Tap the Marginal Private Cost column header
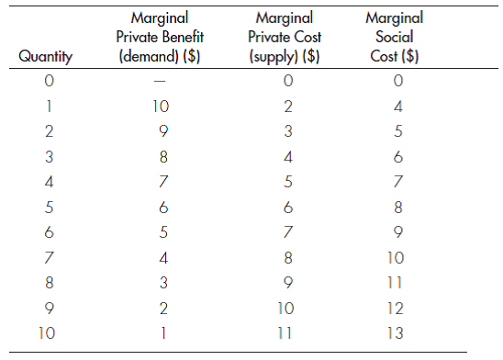(x=286, y=38)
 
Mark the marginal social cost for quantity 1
(x=395, y=107)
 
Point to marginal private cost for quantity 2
(x=286, y=132)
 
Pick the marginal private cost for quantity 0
(x=286, y=83)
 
